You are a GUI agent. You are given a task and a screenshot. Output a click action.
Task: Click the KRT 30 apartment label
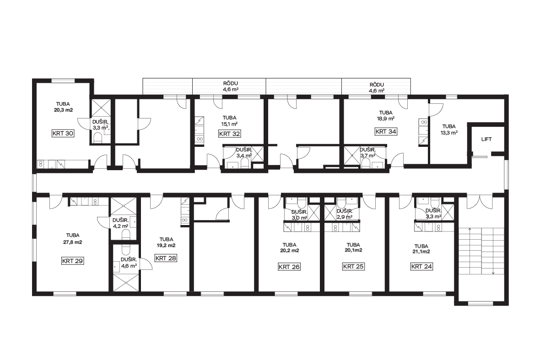point(63,133)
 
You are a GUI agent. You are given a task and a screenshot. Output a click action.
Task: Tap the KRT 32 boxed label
point(229,134)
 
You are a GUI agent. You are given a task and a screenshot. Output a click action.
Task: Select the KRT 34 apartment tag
point(386,131)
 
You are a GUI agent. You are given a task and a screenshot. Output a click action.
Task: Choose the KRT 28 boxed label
point(166,258)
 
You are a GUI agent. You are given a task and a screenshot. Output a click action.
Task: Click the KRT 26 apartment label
point(289,266)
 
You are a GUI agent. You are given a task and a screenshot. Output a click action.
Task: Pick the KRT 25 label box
point(353,266)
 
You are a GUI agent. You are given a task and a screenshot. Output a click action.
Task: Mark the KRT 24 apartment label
point(421,266)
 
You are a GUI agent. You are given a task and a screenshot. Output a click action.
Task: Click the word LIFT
point(486,139)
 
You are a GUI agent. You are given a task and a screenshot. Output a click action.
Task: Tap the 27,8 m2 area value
point(73,242)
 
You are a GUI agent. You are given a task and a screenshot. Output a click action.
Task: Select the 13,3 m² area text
point(449,133)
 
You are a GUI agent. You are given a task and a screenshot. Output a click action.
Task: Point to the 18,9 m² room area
point(386,118)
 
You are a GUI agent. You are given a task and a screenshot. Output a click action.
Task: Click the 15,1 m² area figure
point(229,124)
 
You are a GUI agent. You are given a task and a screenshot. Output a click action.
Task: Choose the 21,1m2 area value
point(421,252)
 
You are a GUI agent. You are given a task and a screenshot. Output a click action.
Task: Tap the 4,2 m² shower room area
point(120,226)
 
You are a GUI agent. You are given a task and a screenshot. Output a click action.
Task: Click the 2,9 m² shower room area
point(345,217)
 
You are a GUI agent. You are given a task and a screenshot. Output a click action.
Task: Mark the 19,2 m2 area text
point(166,245)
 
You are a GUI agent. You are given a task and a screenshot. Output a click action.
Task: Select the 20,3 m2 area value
point(63,110)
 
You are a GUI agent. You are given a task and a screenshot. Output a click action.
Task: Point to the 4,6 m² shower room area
point(129,266)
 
